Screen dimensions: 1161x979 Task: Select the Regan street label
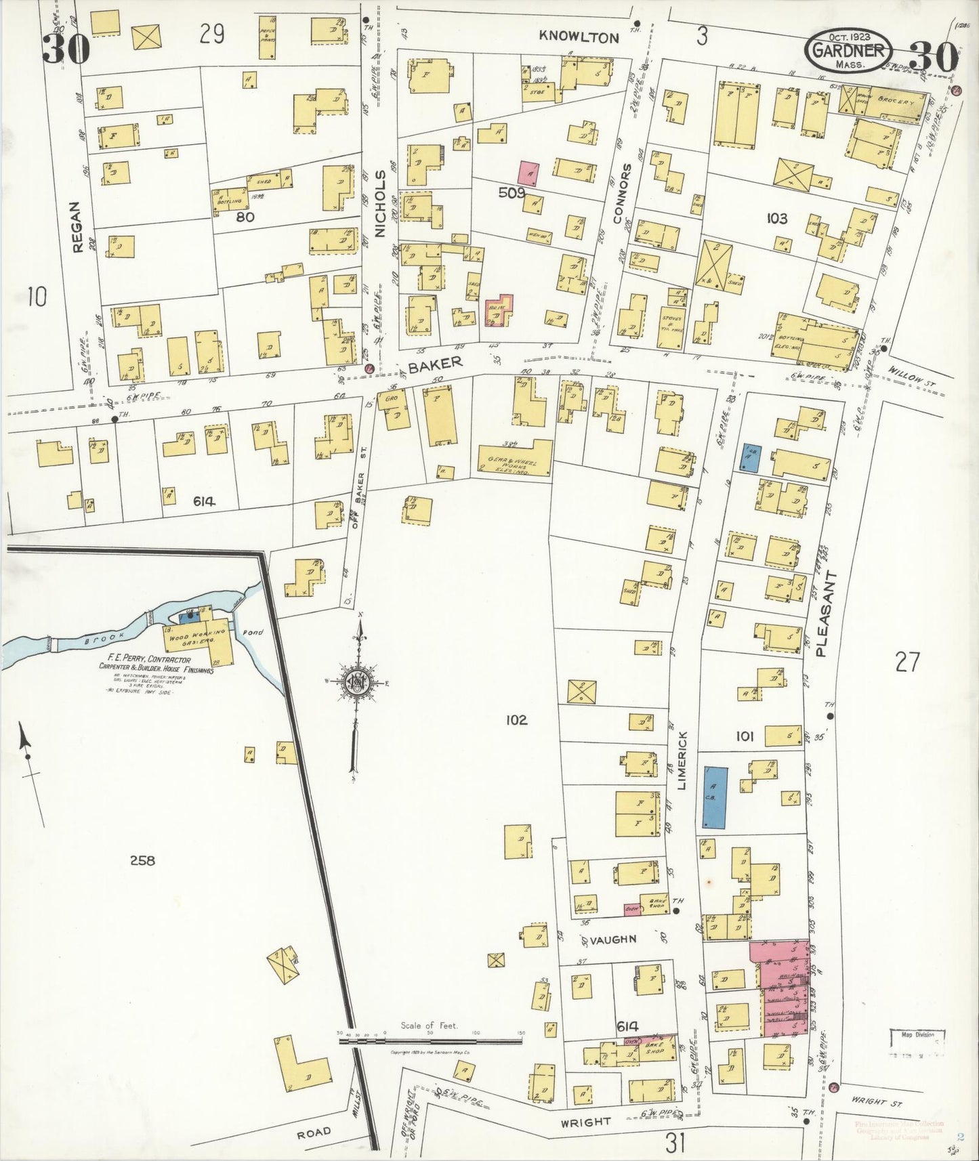click(77, 227)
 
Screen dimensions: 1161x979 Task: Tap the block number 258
click(142, 860)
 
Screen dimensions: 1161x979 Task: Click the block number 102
click(516, 720)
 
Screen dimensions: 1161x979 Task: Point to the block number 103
click(776, 218)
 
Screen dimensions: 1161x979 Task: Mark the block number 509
click(512, 192)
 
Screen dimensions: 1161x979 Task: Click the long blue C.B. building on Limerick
click(715, 797)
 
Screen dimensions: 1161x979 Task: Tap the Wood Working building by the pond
click(196, 637)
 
